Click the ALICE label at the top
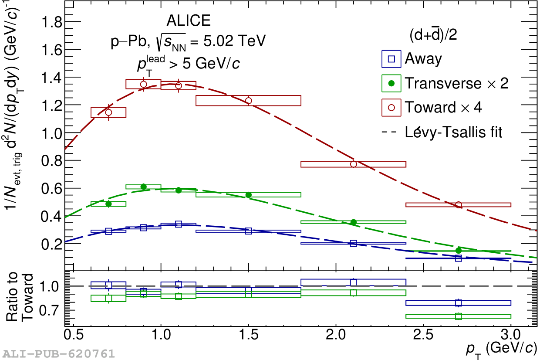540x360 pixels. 188,21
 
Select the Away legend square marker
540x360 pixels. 391,59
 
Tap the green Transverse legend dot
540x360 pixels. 391,84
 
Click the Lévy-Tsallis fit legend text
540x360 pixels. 453,132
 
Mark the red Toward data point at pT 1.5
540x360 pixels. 249,101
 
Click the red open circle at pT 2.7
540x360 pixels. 458,205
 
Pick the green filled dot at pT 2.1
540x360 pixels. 354,222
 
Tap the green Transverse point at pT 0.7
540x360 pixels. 108,204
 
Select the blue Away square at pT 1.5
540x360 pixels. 249,231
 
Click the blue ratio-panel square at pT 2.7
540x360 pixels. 458,303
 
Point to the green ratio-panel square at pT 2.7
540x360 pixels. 458,316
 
